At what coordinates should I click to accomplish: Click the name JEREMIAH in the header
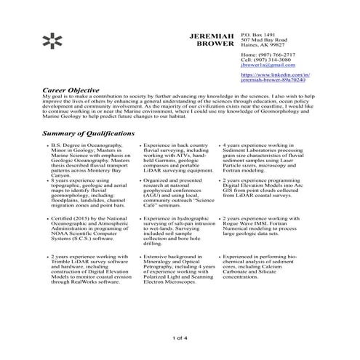point(212,36)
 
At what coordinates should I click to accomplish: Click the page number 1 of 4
point(180,339)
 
